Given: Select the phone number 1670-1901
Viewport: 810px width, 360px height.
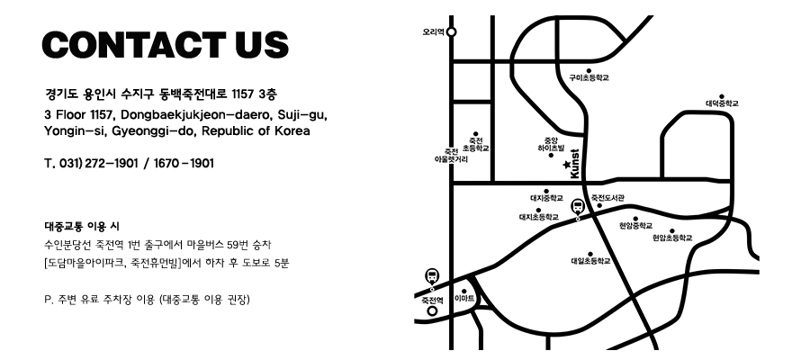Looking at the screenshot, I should click(x=184, y=164).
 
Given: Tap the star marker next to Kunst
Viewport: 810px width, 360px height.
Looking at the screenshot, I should click(x=566, y=165).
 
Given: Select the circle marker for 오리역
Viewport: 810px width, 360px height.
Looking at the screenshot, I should click(x=452, y=31).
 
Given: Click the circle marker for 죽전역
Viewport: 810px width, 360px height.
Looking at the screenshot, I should click(x=432, y=311).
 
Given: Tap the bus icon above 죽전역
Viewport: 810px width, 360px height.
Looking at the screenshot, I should click(x=432, y=275).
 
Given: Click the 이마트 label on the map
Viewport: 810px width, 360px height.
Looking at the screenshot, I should click(x=465, y=297).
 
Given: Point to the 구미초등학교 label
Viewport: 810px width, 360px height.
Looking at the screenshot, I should click(x=589, y=78).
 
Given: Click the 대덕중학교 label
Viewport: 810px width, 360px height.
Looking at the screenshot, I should click(x=722, y=103).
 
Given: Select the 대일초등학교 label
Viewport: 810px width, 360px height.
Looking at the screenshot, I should click(x=590, y=261).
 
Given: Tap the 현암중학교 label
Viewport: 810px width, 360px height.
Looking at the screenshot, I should click(x=635, y=226).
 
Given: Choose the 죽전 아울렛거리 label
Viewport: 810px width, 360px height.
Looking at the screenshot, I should click(x=451, y=155).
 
